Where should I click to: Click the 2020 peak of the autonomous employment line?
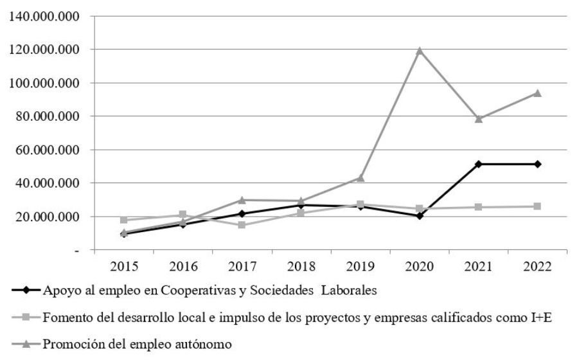[420, 50]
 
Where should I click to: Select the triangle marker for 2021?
[479, 118]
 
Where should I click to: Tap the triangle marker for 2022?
[537, 93]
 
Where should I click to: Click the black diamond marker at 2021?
[479, 164]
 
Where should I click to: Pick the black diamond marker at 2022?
[537, 164]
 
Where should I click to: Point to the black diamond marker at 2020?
[420, 216]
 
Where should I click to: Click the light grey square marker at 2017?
[242, 225]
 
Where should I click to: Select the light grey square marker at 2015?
[124, 220]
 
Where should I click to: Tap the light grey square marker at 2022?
[537, 206]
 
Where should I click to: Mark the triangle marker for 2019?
[361, 177]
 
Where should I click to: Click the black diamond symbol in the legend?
[26, 289]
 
